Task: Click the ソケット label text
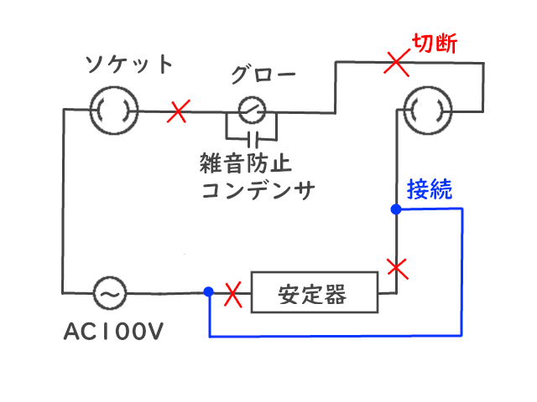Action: (131, 64)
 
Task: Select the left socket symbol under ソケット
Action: (112, 109)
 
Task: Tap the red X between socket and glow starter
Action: (179, 111)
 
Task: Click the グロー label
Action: (263, 74)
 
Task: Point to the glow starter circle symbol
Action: (252, 109)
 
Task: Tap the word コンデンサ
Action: (257, 190)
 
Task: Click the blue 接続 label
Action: (430, 188)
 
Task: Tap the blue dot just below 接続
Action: (395, 209)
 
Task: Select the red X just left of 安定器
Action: (234, 293)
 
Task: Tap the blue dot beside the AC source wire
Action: (207, 292)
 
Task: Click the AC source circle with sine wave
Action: (109, 293)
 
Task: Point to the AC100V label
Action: (113, 332)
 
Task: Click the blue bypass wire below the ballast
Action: (336, 337)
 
